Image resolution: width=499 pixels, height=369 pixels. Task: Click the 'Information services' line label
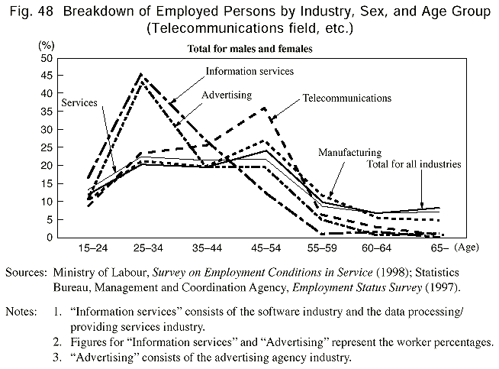click(x=250, y=71)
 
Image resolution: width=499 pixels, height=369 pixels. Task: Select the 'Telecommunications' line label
click(x=346, y=99)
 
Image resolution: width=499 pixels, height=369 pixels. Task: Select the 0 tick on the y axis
click(x=50, y=237)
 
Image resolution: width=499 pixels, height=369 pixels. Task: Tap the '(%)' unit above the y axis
click(x=47, y=46)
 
